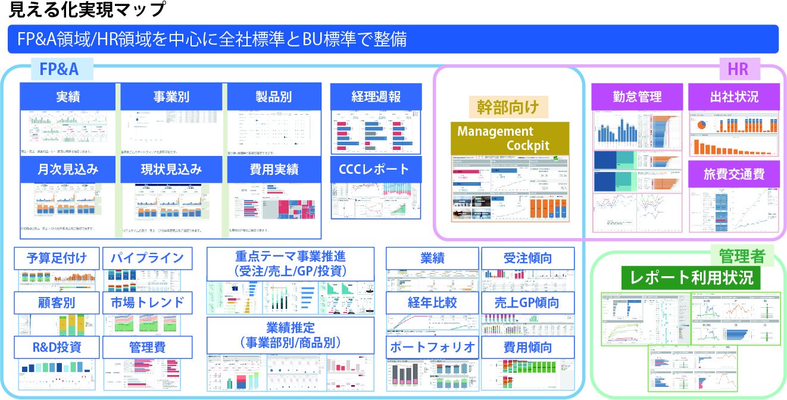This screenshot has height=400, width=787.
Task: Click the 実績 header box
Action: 68,96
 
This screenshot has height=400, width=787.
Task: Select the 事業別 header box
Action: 171,96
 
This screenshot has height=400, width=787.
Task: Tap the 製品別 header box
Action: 274,96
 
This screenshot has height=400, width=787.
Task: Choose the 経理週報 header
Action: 376,96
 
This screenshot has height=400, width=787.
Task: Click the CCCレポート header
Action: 376,169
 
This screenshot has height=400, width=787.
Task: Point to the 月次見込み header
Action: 68,169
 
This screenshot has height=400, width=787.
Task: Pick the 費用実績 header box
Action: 274,169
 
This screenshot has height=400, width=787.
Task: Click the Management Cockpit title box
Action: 510,138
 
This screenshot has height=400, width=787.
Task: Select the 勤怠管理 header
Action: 637,96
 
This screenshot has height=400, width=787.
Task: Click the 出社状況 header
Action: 734,96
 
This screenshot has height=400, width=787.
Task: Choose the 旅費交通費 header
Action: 734,174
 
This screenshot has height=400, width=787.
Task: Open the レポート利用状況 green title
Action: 691,277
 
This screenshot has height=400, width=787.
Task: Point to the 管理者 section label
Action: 741,257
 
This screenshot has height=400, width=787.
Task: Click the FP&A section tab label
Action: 59,69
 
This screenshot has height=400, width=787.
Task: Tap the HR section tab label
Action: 738,69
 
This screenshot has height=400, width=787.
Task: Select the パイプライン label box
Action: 148,258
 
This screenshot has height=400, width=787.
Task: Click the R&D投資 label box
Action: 57,347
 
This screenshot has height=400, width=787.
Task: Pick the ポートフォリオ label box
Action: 432,347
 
